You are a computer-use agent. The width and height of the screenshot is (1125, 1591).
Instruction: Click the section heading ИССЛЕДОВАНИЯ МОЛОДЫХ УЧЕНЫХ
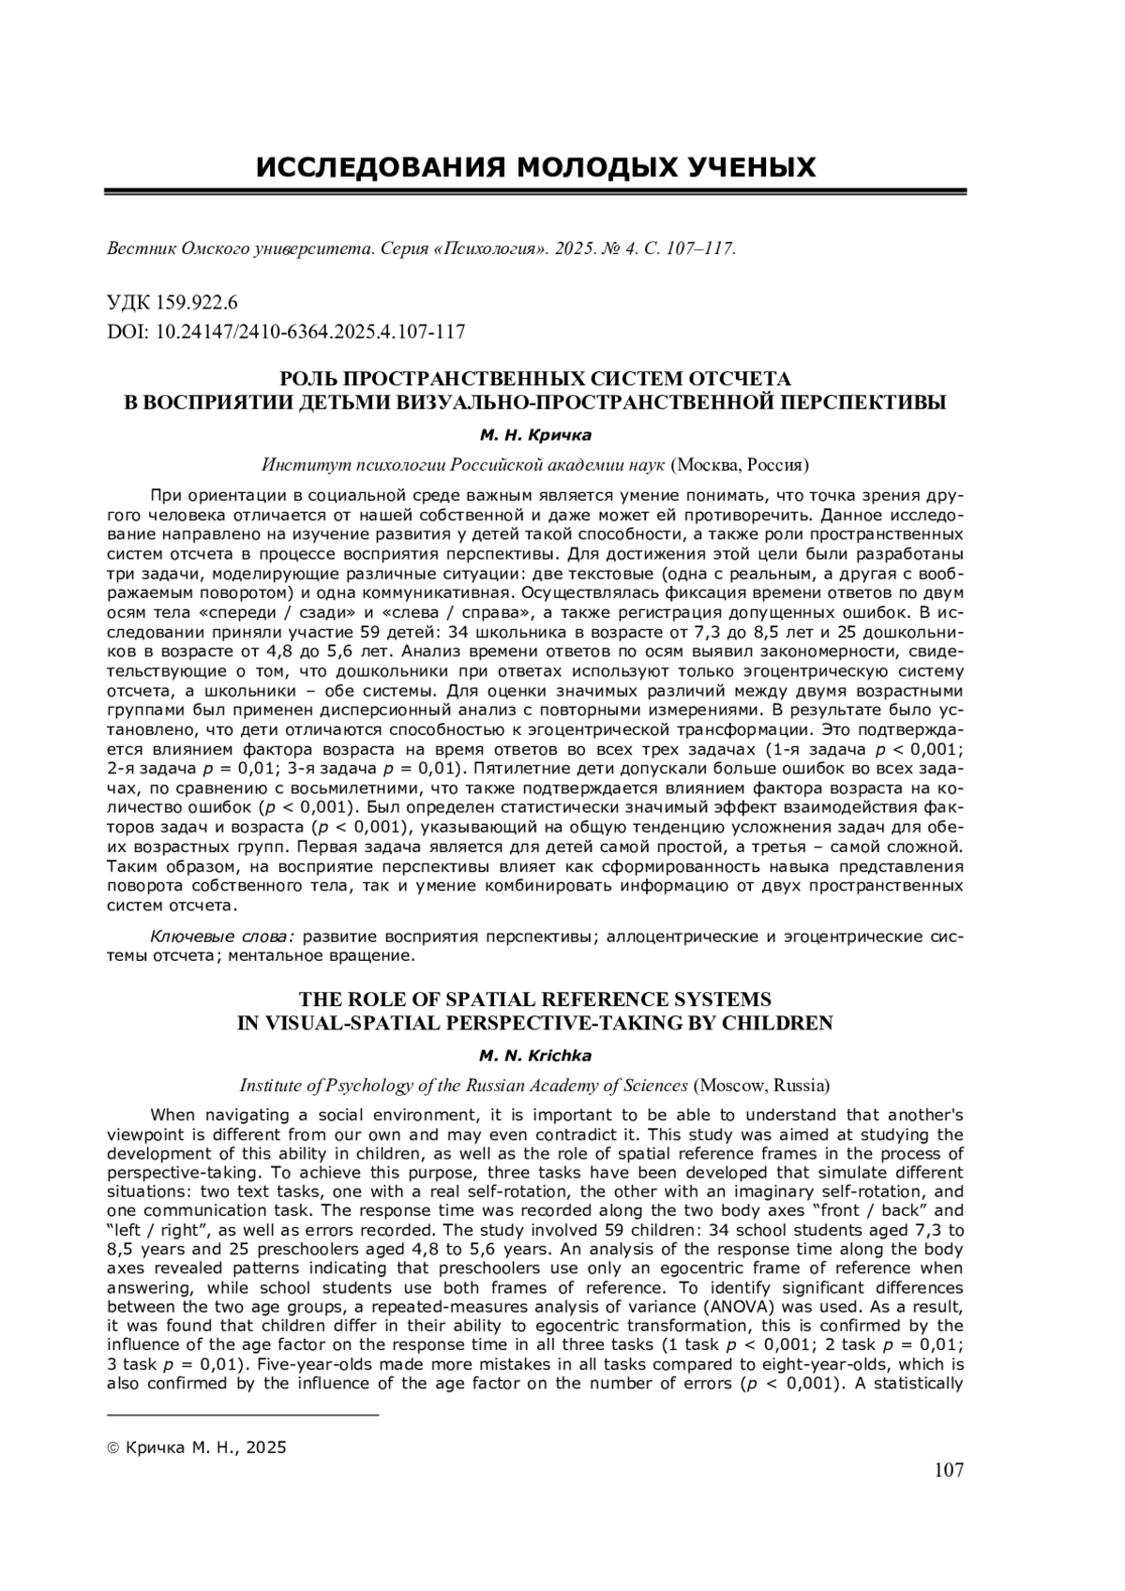(536, 168)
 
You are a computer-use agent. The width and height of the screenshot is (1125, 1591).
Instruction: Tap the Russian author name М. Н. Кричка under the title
(535, 435)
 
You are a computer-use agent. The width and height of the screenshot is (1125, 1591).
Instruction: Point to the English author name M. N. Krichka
(535, 1057)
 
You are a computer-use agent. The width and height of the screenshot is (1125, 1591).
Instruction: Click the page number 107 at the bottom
(949, 1469)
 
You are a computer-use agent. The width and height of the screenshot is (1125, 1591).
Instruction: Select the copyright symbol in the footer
(113, 1448)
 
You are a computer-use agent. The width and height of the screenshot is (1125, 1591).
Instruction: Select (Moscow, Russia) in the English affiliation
(761, 1086)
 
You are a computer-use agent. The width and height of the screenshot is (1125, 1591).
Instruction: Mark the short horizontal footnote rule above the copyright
(243, 1413)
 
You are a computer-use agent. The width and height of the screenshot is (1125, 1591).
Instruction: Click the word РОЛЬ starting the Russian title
(309, 379)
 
